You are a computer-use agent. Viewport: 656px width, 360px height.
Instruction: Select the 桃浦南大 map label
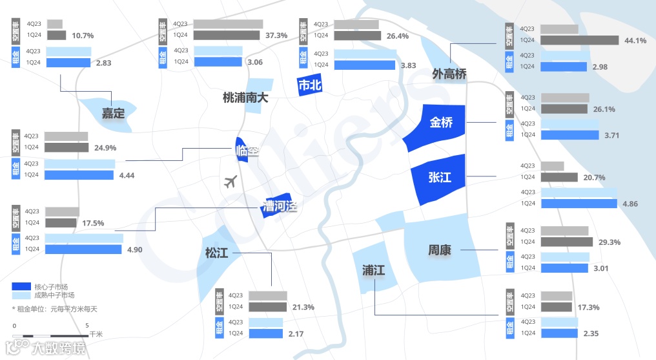(x=245, y=98)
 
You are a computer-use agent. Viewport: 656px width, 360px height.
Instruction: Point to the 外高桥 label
(x=449, y=74)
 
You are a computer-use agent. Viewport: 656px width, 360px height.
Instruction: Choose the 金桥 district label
(x=442, y=122)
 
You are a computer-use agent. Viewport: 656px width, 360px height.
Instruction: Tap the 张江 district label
(x=440, y=177)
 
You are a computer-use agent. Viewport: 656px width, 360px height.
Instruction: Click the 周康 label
(x=440, y=249)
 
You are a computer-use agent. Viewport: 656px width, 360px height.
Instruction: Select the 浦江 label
(x=373, y=270)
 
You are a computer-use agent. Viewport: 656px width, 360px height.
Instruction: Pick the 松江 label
(x=217, y=253)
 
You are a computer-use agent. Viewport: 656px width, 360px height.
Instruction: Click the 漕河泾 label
(x=280, y=207)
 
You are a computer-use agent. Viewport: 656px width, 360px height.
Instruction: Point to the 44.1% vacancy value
(x=635, y=41)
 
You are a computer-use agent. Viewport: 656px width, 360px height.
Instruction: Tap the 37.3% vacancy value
(x=276, y=36)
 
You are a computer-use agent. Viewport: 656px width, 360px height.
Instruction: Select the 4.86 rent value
(x=630, y=204)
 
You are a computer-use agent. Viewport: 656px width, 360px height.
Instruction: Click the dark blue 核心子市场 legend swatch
(x=22, y=286)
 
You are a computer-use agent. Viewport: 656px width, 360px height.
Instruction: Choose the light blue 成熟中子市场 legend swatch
(x=22, y=295)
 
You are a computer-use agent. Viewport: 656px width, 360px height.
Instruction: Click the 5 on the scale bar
(x=87, y=325)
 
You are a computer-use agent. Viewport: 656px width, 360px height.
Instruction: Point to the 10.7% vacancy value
(x=83, y=36)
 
